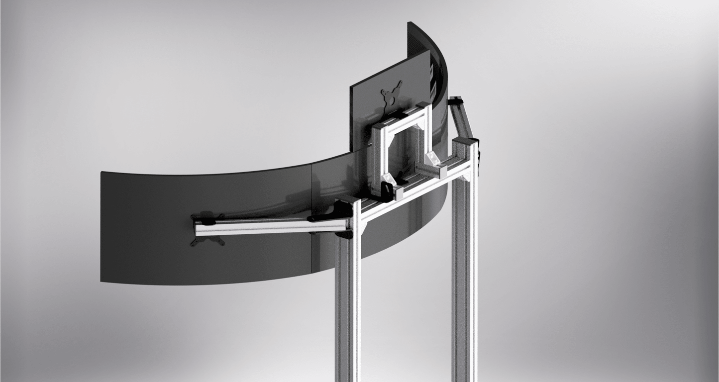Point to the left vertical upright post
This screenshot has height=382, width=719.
(x=347, y=298)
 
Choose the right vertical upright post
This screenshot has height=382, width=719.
(x=464, y=279)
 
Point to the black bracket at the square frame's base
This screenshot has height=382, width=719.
(x=386, y=192)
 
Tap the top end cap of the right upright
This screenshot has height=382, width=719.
(x=466, y=142)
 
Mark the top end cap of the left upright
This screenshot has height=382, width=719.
(x=347, y=201)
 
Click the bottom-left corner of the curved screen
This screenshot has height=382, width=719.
(x=102, y=282)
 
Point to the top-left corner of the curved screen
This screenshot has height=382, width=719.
(x=102, y=173)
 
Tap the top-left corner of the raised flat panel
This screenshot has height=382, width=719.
(x=351, y=90)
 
